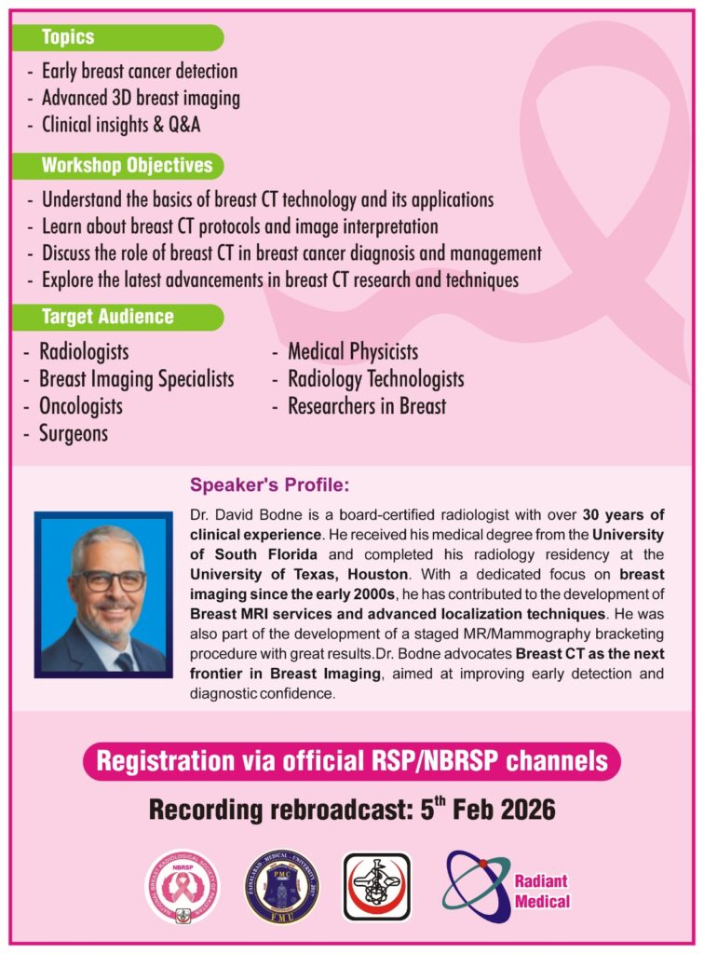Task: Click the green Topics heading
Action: tap(68, 38)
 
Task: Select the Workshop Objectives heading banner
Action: tap(127, 167)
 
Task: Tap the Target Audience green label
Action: tap(107, 317)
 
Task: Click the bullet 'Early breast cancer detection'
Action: tap(140, 71)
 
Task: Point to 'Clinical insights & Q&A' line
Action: tap(121, 124)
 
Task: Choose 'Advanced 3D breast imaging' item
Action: tap(141, 97)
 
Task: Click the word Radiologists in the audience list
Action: tap(84, 352)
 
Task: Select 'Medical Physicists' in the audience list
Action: tap(352, 352)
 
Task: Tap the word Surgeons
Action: tap(74, 433)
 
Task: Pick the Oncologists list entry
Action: tap(81, 406)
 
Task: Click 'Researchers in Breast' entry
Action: tap(366, 406)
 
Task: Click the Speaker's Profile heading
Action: tap(269, 485)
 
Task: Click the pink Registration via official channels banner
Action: tap(352, 761)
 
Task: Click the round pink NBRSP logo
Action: tap(183, 886)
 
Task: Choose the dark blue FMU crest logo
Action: tap(282, 886)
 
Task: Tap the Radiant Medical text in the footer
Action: tap(541, 891)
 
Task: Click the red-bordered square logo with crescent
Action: tap(376, 887)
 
